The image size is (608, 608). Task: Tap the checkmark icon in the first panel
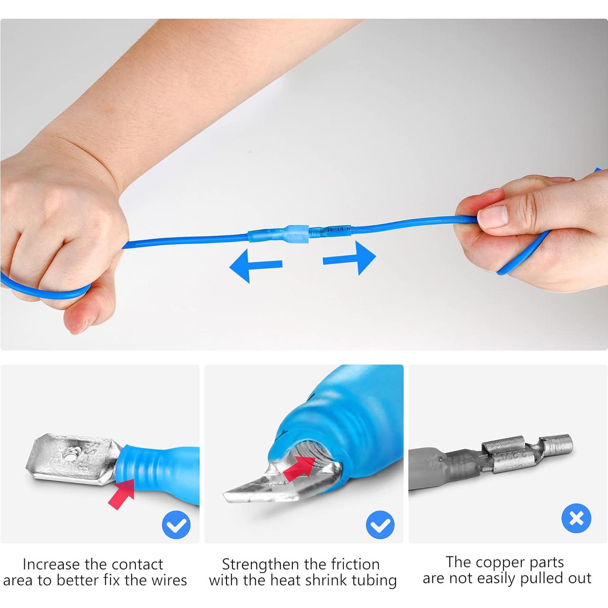pyautogui.click(x=176, y=525)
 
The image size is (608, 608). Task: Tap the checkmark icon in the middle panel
pyautogui.click(x=380, y=525)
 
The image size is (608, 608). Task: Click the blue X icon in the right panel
pyautogui.click(x=576, y=518)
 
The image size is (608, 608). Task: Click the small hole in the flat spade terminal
pyautogui.click(x=67, y=457)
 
